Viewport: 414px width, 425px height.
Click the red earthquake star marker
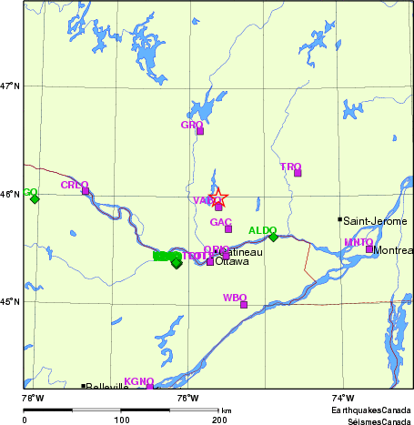[x=217, y=197]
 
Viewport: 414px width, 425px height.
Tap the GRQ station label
[x=191, y=125]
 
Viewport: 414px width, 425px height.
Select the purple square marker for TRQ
[x=298, y=173]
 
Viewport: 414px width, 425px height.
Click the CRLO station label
[x=74, y=185]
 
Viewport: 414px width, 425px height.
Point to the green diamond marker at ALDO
[x=273, y=237]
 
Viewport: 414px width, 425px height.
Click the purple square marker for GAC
[x=229, y=228]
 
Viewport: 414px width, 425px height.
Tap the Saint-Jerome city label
[x=375, y=221]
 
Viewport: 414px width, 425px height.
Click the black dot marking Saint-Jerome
[x=340, y=219]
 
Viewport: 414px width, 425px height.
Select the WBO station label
[x=234, y=298]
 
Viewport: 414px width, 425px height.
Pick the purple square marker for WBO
[x=244, y=305]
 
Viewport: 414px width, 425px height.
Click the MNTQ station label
[x=358, y=242]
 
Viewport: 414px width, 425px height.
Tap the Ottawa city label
[x=231, y=262]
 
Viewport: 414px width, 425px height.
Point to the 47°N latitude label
[x=10, y=86]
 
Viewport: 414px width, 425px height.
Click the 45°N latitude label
[x=10, y=302]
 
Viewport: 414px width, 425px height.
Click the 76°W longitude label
[x=188, y=397]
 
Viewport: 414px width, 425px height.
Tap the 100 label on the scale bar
[x=121, y=420]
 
